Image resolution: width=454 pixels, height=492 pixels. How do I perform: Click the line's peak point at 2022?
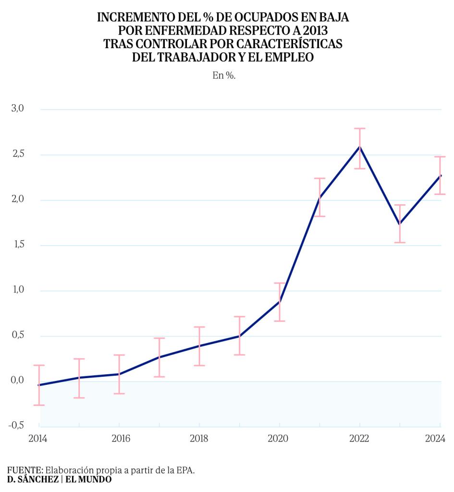(x=360, y=147)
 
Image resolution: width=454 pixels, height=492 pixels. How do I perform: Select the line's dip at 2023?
(x=400, y=224)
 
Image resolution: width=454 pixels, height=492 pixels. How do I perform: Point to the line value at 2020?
(x=280, y=302)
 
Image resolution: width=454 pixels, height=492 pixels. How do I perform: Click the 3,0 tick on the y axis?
(x=17, y=109)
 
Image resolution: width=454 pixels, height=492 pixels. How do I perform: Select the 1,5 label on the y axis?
(x=17, y=246)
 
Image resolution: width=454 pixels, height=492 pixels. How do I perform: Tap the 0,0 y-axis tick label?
(x=17, y=381)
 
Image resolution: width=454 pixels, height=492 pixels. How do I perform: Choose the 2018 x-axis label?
(x=199, y=439)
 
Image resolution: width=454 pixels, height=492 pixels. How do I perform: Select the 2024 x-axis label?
(x=435, y=439)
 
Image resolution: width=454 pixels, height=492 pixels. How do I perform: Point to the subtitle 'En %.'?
(x=224, y=76)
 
